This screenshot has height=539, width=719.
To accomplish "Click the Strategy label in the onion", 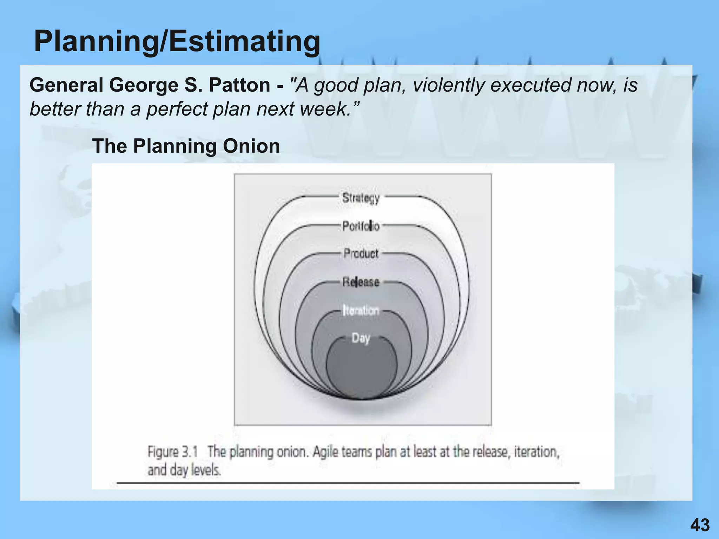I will click(361, 198).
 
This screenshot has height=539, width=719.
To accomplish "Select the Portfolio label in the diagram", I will click(361, 226).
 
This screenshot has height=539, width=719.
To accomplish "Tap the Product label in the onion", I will click(361, 253).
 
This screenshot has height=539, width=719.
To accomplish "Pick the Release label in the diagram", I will click(361, 282).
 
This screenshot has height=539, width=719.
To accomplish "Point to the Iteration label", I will click(361, 311).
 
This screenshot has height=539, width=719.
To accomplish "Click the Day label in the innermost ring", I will click(361, 338).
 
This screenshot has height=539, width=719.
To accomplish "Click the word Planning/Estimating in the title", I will click(177, 41).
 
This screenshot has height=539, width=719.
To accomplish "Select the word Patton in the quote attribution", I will click(239, 85).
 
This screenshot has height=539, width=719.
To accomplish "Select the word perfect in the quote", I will click(177, 109).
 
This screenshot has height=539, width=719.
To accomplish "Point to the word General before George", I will click(66, 85).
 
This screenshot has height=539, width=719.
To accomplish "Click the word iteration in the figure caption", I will click(536, 452).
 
